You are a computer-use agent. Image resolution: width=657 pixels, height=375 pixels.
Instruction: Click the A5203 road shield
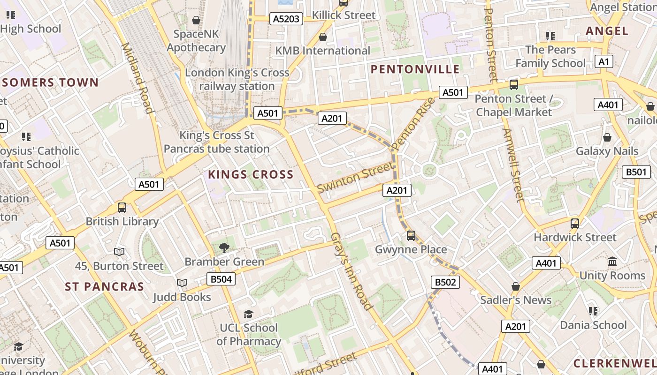point(286,19)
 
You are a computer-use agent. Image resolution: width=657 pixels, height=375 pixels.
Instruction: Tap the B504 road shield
point(221,279)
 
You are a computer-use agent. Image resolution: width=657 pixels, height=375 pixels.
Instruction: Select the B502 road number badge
point(445,282)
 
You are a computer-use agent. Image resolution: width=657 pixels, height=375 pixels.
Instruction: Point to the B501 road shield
point(636,172)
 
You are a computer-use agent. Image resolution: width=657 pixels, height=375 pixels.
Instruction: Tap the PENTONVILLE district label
point(415,69)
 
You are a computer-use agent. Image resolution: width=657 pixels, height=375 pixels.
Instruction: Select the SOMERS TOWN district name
point(51,83)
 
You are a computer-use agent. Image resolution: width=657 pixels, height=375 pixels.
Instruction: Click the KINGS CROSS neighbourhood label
point(251,175)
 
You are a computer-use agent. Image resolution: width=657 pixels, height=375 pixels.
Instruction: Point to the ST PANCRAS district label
point(104,286)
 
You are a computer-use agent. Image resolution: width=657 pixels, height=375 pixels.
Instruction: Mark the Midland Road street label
point(138,78)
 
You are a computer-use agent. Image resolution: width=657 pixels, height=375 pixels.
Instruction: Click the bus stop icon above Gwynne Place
point(411,235)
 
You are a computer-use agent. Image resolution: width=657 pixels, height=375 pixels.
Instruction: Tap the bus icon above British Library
point(122,207)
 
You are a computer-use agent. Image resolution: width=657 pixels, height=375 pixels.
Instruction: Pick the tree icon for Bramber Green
point(224,247)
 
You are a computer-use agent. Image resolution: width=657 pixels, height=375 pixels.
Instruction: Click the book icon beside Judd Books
point(182,283)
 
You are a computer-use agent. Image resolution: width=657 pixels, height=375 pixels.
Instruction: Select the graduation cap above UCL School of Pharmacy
point(248,314)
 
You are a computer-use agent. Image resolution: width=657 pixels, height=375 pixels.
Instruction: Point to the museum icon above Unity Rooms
point(612,261)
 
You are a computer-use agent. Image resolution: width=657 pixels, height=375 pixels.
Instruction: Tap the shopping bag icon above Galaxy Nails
point(607,137)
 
